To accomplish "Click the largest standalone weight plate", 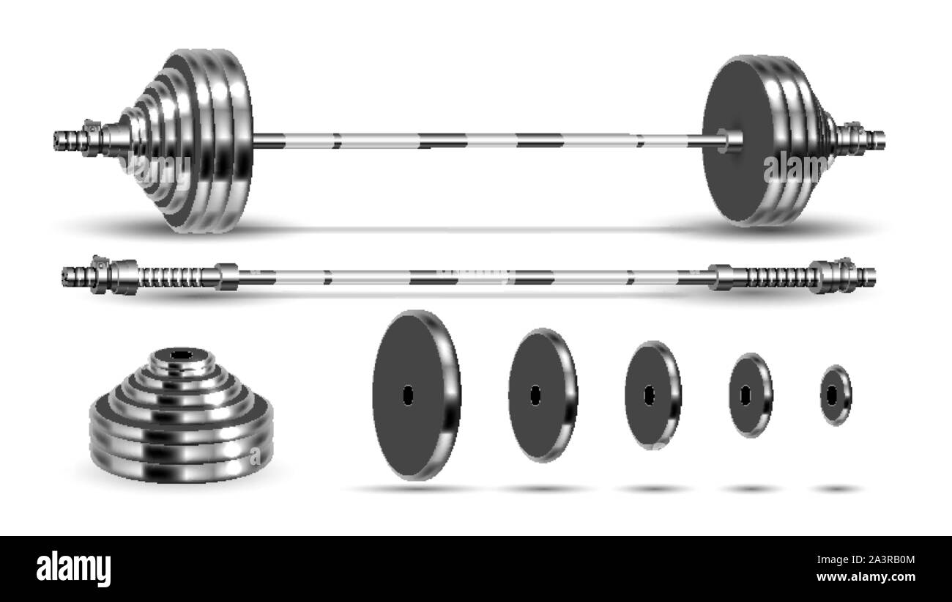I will [414, 394].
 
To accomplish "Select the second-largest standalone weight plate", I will [542, 394].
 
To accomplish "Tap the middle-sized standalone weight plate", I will [652, 394].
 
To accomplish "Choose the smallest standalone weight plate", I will [836, 394].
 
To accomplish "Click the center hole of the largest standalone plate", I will [408, 394].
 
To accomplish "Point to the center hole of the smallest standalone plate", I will [831, 394].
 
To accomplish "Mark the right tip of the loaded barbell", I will [882, 136].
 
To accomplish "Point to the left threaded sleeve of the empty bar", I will [172, 277].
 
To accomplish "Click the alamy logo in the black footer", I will [73, 568].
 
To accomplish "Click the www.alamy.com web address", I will [879, 577].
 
